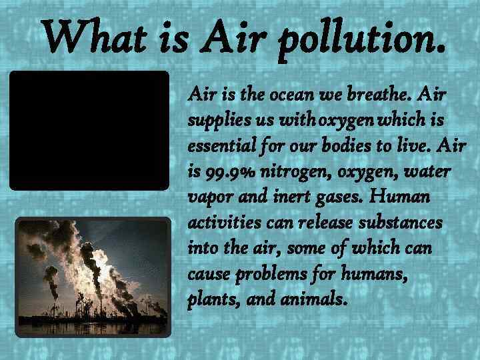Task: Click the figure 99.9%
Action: [x=233, y=173]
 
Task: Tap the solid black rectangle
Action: [x=89, y=131]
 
